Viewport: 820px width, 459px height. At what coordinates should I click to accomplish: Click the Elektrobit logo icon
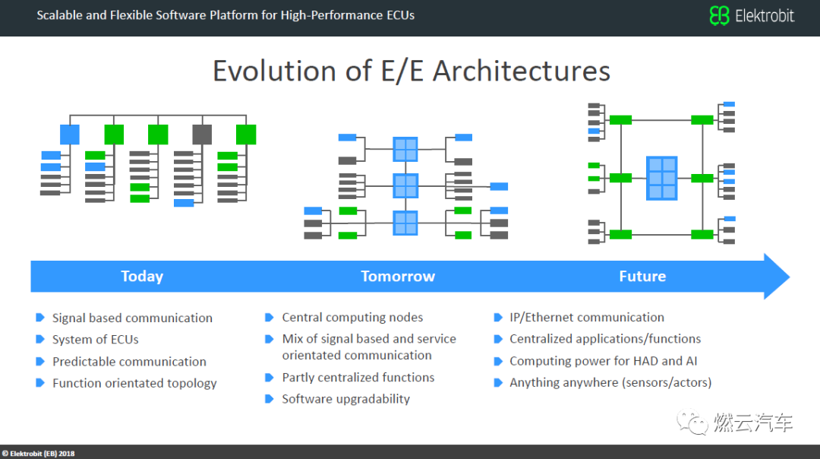point(719,15)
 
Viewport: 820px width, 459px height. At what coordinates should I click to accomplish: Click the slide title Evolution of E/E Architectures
point(411,71)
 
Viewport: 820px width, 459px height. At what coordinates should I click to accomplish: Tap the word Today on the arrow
point(142,276)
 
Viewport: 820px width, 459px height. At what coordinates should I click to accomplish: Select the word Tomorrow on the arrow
point(398,276)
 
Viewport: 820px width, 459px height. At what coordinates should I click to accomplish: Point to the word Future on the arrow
point(642,276)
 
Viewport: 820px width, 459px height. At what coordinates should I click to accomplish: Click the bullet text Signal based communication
point(132,318)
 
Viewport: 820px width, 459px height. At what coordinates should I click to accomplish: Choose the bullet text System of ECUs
point(95,339)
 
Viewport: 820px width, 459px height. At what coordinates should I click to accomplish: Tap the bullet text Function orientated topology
point(134,383)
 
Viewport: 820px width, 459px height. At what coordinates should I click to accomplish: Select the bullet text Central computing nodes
point(352,317)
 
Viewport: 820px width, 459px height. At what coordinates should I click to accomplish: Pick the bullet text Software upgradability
point(345,399)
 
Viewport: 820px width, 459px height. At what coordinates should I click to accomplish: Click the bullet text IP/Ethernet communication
point(586,317)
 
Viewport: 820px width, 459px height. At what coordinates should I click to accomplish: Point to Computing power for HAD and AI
point(603,361)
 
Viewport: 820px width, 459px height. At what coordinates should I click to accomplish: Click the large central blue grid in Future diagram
point(661,178)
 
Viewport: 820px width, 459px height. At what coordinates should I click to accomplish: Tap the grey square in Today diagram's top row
point(202,135)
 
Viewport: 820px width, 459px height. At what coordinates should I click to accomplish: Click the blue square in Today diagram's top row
point(70,135)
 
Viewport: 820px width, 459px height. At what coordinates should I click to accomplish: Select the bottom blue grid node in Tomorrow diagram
point(405,223)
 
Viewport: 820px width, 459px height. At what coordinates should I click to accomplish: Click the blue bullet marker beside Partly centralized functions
point(269,377)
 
